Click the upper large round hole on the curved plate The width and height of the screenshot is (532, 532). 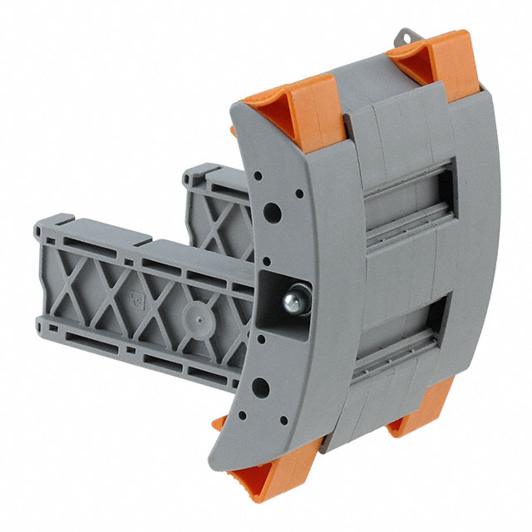click(271, 212)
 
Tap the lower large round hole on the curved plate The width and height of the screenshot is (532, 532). click(260, 385)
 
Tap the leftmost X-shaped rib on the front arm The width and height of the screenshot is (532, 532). click(76, 274)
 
